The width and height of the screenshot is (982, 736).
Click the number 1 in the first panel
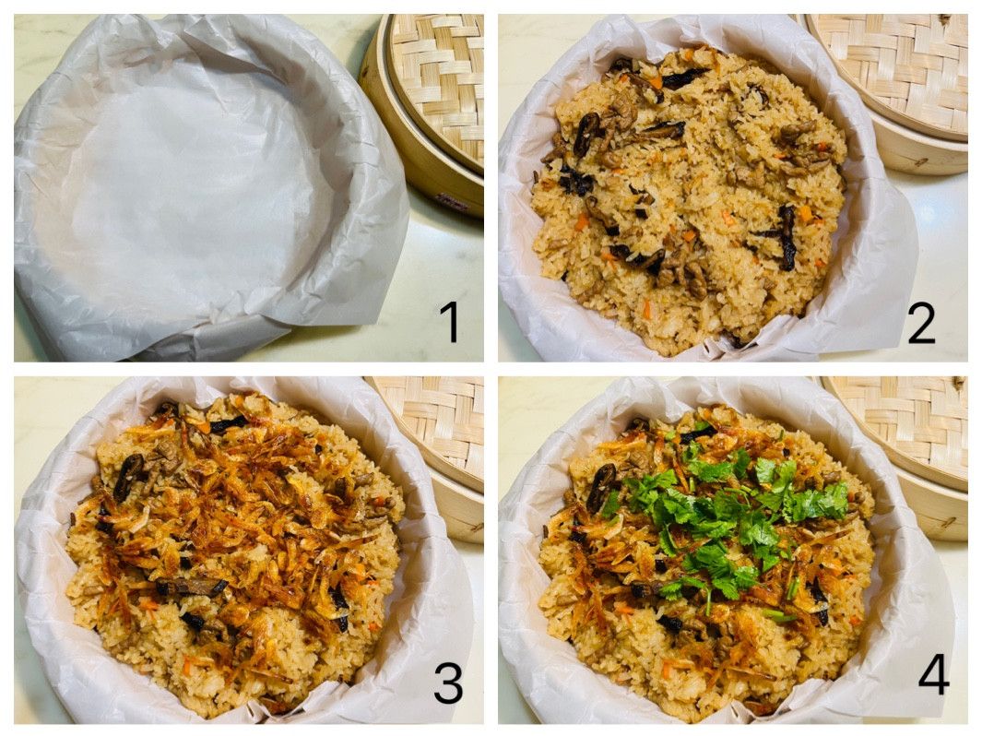click(x=449, y=321)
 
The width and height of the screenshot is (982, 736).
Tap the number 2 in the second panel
click(x=922, y=323)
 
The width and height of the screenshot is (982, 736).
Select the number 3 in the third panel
click(x=448, y=683)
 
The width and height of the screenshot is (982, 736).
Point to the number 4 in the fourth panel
click(x=933, y=676)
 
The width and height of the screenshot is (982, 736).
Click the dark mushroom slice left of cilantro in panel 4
click(x=600, y=488)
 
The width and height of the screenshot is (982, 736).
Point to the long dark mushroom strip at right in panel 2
click(x=786, y=238)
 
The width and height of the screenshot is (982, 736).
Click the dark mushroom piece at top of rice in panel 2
click(x=682, y=77)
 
